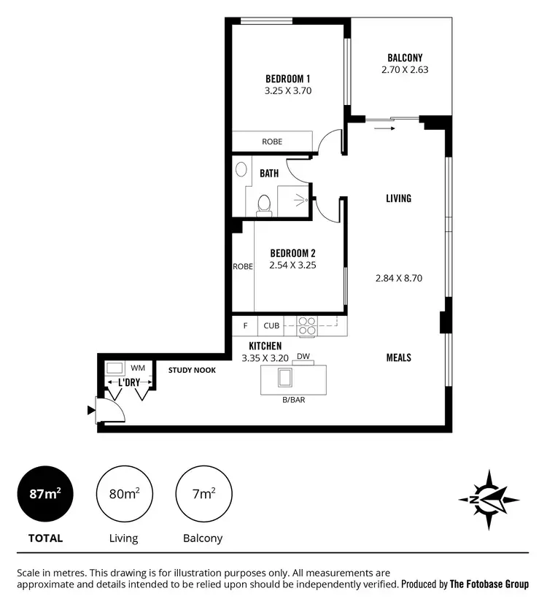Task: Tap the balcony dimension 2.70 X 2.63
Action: tap(405, 71)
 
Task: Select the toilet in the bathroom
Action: tap(265, 204)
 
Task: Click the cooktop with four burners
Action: tap(307, 325)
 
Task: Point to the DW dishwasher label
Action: tap(303, 356)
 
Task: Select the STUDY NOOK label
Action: tap(192, 370)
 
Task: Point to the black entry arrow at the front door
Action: tap(91, 411)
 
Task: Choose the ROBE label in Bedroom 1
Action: tap(272, 142)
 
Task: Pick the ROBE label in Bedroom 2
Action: tap(242, 267)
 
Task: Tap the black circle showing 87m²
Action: tap(45, 494)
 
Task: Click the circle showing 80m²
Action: tap(124, 494)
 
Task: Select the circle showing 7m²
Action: tap(203, 494)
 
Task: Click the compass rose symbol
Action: tap(489, 499)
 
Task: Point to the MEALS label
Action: tap(398, 357)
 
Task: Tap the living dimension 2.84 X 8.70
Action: tap(398, 278)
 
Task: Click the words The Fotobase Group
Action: tap(489, 584)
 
